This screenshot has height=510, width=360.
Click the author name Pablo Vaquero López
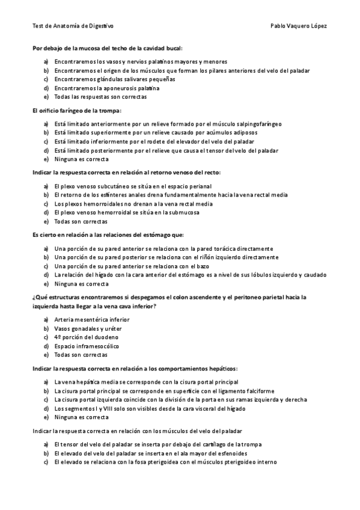(299, 26)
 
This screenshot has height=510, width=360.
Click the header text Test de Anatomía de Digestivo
(73, 26)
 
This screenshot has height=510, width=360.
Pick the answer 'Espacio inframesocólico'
(87, 346)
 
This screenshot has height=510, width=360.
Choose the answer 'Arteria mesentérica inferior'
(91, 319)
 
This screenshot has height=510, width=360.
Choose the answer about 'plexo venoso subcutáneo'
(132, 186)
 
